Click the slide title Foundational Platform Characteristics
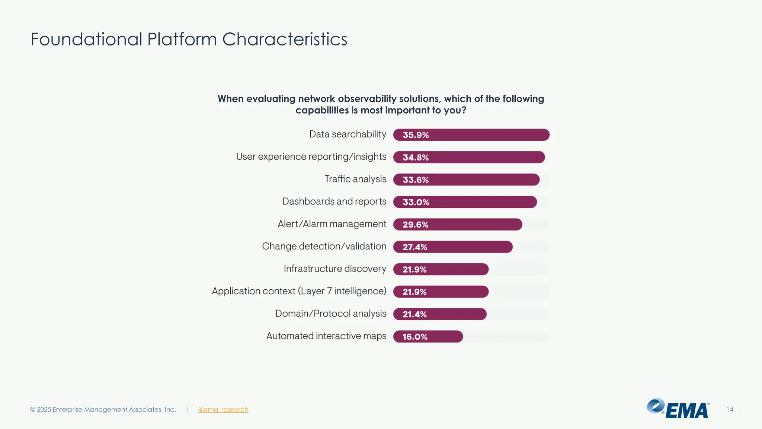pos(189,39)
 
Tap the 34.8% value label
pos(416,158)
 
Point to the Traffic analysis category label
pos(355,179)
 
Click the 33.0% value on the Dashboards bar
pos(416,202)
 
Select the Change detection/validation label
pos(324,247)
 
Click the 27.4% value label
pos(415,247)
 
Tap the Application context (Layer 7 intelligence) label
pos(299,291)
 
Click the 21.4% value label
pos(414,314)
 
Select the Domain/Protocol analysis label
pos(331,314)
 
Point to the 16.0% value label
pos(415,337)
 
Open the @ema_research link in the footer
pos(223,410)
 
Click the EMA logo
pos(678,409)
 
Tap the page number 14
pos(730,410)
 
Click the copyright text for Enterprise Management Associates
pos(103,410)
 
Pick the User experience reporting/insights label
pos(311,157)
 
